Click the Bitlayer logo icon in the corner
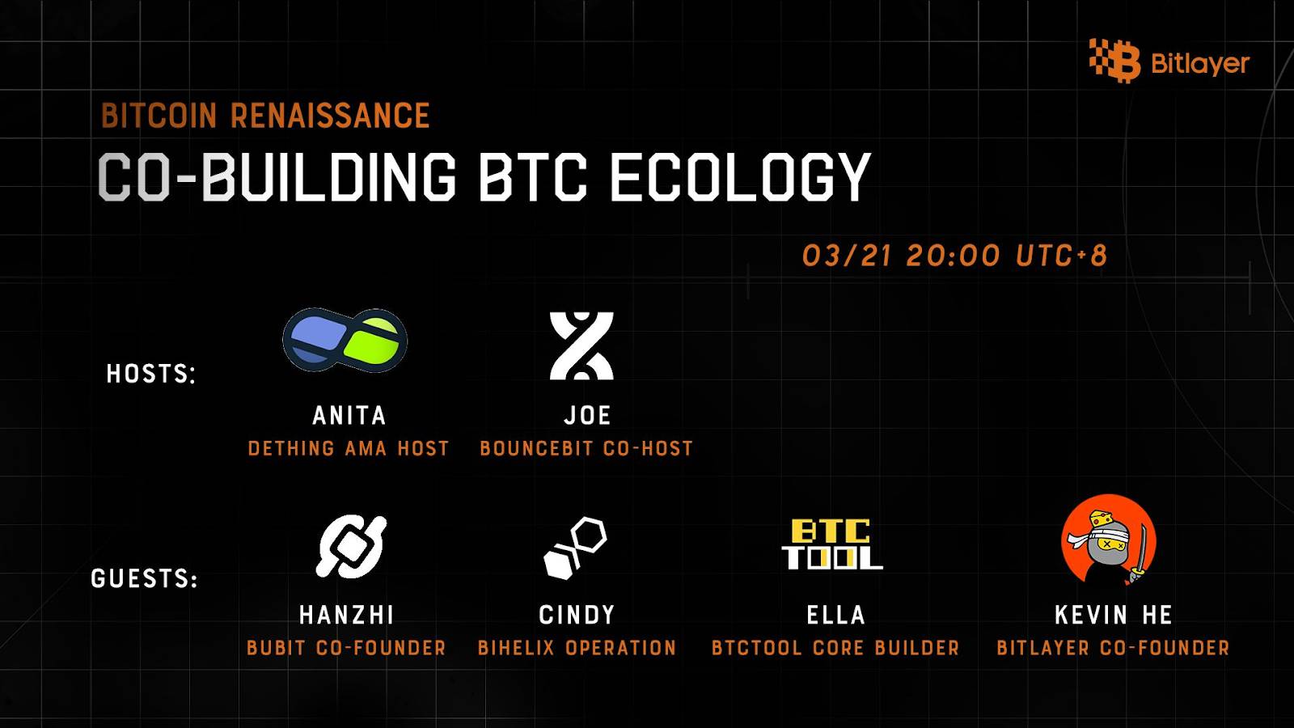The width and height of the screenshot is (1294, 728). click(x=1115, y=61)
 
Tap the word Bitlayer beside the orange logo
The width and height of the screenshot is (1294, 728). click(x=1200, y=63)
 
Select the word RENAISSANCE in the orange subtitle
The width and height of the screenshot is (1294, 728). click(x=331, y=115)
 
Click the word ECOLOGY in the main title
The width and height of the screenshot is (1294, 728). click(x=740, y=176)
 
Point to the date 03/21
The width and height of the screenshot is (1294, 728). click(x=848, y=256)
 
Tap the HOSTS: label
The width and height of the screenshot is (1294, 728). click(x=151, y=374)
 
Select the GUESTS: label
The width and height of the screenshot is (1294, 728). click(x=145, y=578)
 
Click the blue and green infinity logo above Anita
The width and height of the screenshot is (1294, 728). click(x=345, y=340)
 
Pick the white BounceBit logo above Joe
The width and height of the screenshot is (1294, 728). click(x=581, y=346)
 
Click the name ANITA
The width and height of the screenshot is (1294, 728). click(x=349, y=416)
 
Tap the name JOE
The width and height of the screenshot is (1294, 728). click(x=587, y=416)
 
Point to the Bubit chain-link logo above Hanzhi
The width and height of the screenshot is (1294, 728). click(x=351, y=547)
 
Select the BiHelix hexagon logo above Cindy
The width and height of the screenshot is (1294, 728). click(x=575, y=548)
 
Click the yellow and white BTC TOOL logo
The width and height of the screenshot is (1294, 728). click(x=832, y=544)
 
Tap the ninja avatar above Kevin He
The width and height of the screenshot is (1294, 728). click(x=1109, y=541)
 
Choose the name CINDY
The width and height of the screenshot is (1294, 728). click(x=577, y=615)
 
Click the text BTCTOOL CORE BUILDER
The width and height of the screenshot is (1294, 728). click(x=835, y=648)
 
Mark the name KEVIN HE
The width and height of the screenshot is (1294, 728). click(x=1114, y=615)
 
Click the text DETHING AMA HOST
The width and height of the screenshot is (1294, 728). click(x=349, y=448)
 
